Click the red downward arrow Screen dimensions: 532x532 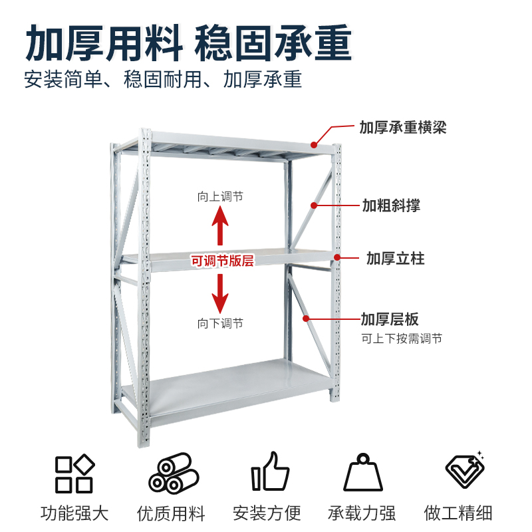[x=220, y=293]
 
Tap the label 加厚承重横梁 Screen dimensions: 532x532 [x=402, y=127]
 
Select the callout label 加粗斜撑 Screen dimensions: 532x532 [x=391, y=205]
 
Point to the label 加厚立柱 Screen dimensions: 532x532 [x=395, y=257]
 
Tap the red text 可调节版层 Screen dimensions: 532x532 [x=223, y=261]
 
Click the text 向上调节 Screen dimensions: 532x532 [x=220, y=197]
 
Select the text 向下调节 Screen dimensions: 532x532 [x=220, y=323]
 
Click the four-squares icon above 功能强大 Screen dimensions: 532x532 [x=74, y=473]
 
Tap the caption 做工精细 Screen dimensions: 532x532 [x=458, y=513]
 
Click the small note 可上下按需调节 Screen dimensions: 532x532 [x=401, y=338]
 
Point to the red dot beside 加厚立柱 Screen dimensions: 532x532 [x=337, y=257]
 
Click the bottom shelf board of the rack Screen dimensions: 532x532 [x=239, y=385]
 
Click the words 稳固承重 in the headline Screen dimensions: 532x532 [x=273, y=44]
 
